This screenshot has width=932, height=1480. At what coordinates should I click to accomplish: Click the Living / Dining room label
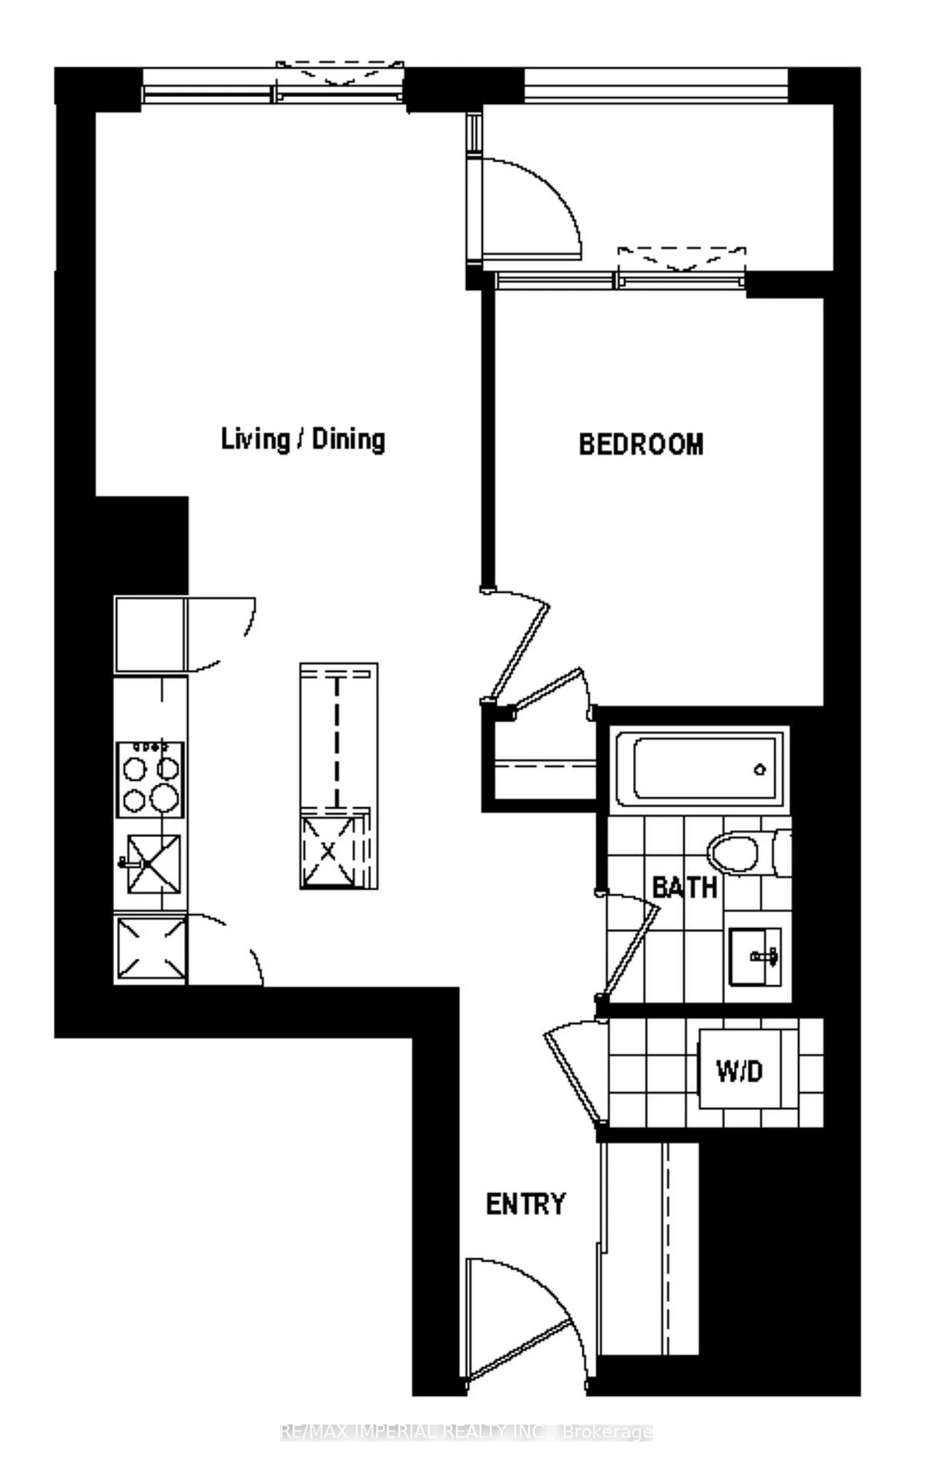tap(303, 439)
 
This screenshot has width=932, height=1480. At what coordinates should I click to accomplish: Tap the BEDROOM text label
tap(641, 445)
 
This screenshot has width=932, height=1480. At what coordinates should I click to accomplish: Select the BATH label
tap(685, 887)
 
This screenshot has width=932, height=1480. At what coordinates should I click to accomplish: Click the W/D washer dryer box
tap(739, 1070)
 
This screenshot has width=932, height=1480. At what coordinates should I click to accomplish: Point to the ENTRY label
tap(526, 1203)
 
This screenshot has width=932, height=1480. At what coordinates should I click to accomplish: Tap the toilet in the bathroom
tap(736, 854)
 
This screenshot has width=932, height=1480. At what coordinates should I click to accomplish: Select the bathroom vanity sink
tap(756, 956)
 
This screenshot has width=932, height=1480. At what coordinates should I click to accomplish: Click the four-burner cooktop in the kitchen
tap(150, 779)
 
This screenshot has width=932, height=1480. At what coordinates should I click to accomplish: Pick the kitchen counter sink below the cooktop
tap(154, 864)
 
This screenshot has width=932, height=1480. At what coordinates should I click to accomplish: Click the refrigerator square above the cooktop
tap(150, 634)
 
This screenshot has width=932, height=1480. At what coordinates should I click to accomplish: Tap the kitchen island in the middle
tap(338, 775)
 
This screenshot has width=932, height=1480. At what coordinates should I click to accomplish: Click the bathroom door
tap(632, 948)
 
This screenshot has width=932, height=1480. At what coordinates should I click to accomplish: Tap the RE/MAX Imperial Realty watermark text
tap(466, 1432)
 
